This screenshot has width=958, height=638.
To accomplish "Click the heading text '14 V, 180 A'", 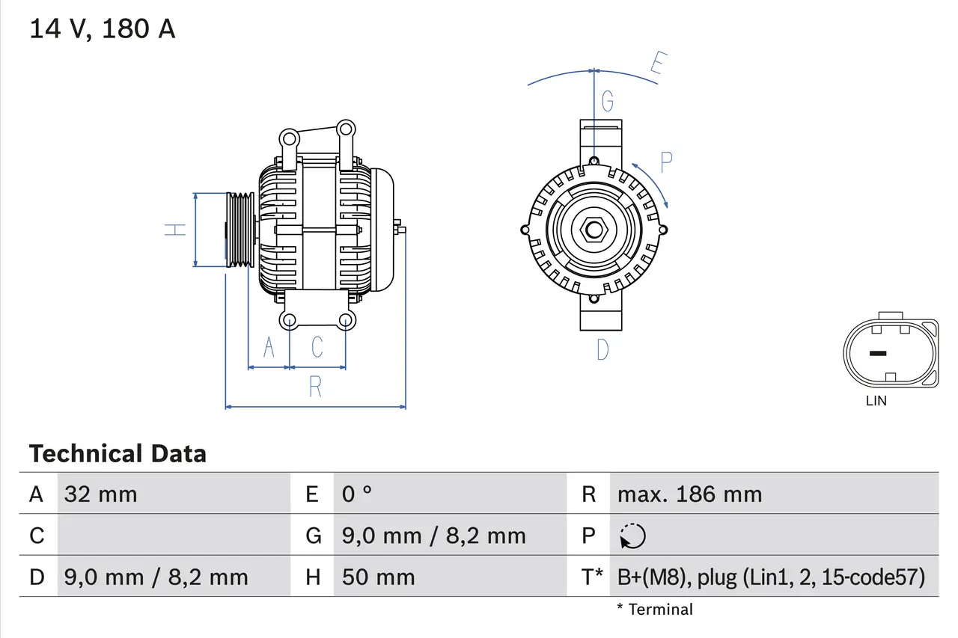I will pos(102,29).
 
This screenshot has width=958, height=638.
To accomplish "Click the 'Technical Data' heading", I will pos(118,453).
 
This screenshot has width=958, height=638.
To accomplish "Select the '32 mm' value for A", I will pos(101,494).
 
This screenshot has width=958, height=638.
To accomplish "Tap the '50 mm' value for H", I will pos(378,577).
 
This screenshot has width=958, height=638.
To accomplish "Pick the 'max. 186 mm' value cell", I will pos(689,494).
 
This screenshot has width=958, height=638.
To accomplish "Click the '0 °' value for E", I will pos(357,494).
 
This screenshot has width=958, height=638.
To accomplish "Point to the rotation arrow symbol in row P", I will pos(633,536).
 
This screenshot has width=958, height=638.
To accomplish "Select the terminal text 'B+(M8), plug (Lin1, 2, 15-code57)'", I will pos(771,577).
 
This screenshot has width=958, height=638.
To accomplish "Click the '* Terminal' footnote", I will pos(655,610).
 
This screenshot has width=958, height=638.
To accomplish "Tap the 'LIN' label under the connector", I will pos(876,401).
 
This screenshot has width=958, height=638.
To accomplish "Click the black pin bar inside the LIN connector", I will pos(877,353).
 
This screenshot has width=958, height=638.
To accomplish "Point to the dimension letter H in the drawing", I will pos(175,230).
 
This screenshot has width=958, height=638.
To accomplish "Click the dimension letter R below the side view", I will pos(315,387).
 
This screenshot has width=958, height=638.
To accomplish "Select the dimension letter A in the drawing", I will pos(269,347).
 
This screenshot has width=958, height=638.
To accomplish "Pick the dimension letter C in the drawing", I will pos(317,347).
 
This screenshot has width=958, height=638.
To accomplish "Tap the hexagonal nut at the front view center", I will pos(594,230).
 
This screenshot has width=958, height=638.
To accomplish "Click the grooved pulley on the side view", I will pos(240,230).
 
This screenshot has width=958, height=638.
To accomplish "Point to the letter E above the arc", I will pos(657,65).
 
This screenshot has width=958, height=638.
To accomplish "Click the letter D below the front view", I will pos(602,349).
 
